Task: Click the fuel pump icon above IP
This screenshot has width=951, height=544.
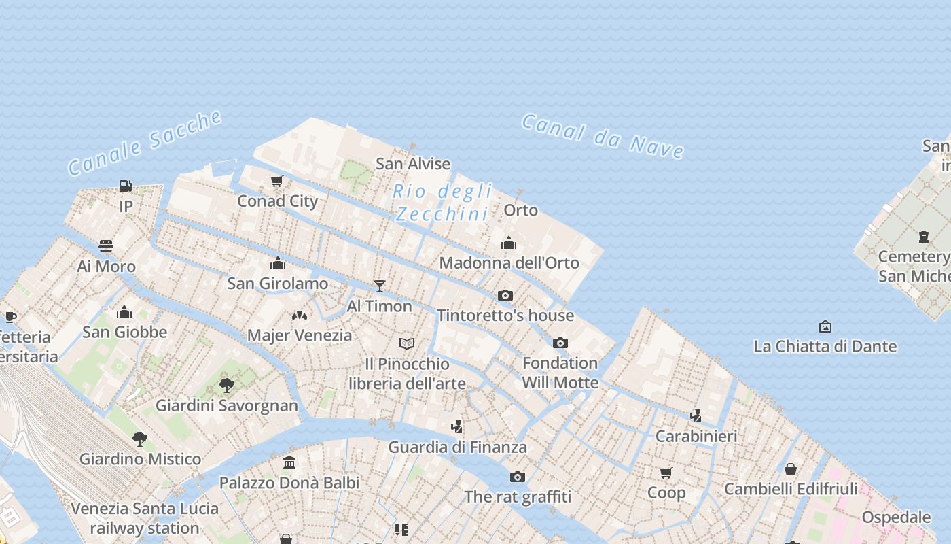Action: pyautogui.click(x=126, y=186)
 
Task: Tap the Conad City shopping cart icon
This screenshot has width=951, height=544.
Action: pyautogui.click(x=276, y=182)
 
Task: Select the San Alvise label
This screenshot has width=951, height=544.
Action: pyautogui.click(x=413, y=164)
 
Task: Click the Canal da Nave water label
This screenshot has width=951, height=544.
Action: pyautogui.click(x=603, y=135)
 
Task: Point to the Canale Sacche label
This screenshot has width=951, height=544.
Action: pyautogui.click(x=145, y=143)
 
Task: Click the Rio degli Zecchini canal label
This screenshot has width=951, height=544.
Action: pyautogui.click(x=442, y=203)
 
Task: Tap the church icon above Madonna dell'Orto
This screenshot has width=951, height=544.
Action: pyautogui.click(x=509, y=243)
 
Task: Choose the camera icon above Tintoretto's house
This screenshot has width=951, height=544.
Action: pyautogui.click(x=505, y=295)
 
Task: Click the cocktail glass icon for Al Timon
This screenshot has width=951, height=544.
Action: pyautogui.click(x=380, y=286)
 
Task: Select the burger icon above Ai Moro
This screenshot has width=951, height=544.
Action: pyautogui.click(x=106, y=246)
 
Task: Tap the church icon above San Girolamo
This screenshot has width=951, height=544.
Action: pyautogui.click(x=277, y=263)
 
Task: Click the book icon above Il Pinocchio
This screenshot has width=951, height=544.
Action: pyautogui.click(x=407, y=343)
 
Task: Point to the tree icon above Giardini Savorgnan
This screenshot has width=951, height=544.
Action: pyautogui.click(x=227, y=386)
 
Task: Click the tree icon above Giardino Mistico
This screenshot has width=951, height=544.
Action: pyautogui.click(x=140, y=439)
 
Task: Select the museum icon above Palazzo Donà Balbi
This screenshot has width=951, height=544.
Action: pyautogui.click(x=289, y=462)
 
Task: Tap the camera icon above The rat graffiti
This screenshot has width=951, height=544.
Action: pyautogui.click(x=518, y=477)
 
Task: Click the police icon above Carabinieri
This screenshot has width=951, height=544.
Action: pyautogui.click(x=696, y=415)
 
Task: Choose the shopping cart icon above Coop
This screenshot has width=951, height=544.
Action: pyautogui.click(x=666, y=473)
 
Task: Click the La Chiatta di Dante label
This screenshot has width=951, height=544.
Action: pyautogui.click(x=825, y=346)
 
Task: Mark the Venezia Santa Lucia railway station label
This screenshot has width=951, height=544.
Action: pyautogui.click(x=145, y=518)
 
